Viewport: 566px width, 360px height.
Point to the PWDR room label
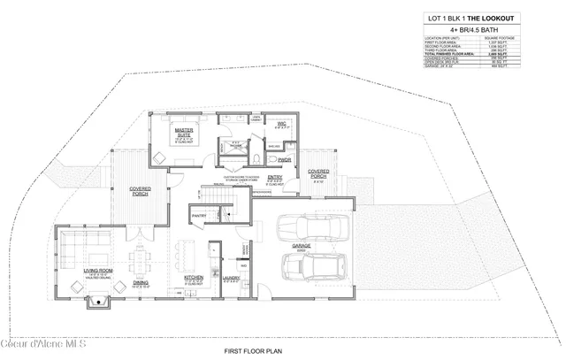click(x=284, y=160)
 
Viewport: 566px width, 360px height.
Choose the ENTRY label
click(x=275, y=177)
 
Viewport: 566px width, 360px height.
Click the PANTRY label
click(x=199, y=213)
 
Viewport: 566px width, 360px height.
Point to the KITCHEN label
click(x=195, y=278)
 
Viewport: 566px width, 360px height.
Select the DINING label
click(x=140, y=283)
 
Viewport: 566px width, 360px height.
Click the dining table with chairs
click(x=140, y=260)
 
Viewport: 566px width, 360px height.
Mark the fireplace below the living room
click(x=96, y=304)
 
